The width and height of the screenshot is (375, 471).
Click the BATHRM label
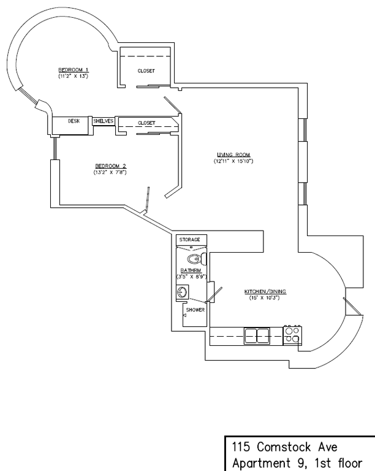coord(189,270)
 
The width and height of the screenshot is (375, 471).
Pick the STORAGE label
coord(189,239)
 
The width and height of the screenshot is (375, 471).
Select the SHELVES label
coord(104,121)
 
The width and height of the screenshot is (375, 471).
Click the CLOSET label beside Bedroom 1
coord(146,71)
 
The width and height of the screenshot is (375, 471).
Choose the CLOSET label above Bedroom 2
coord(146,123)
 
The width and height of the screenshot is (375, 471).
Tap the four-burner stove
coord(293,335)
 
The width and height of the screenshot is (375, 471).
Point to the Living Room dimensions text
coord(233,161)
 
